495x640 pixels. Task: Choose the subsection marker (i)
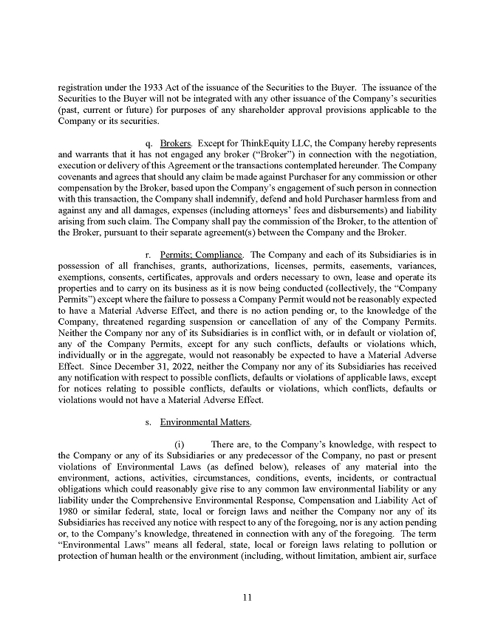tap(179, 445)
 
